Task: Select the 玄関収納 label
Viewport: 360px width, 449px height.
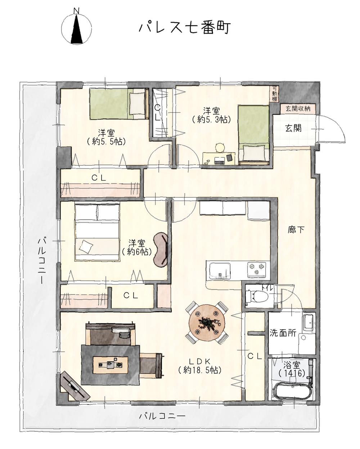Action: [298, 108]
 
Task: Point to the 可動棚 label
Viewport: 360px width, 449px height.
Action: [275, 94]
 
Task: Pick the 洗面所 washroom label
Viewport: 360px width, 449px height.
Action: [283, 333]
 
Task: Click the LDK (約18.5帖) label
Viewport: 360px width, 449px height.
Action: [199, 365]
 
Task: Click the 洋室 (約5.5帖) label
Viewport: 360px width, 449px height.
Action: [106, 137]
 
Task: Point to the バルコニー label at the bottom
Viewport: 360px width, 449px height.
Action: [162, 416]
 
